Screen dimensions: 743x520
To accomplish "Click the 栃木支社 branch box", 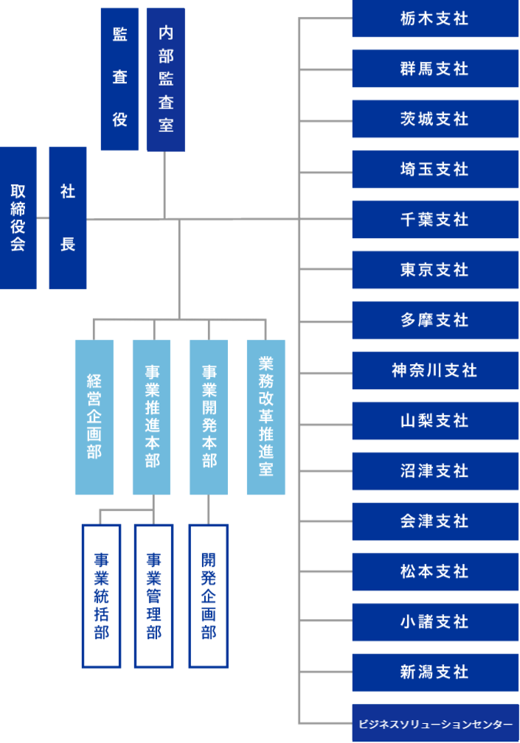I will (x=434, y=18).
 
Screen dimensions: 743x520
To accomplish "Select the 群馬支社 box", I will (x=434, y=69).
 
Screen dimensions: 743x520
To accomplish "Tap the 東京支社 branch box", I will (x=434, y=270).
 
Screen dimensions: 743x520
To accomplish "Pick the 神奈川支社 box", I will (x=434, y=370).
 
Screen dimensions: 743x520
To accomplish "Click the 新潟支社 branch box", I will (x=434, y=672).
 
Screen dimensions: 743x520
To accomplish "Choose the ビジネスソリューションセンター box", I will (x=434, y=724).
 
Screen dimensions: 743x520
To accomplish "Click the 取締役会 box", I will (x=18, y=218).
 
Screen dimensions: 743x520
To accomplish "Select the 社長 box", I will (x=67, y=218).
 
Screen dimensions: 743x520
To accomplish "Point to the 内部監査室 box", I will (x=165, y=79).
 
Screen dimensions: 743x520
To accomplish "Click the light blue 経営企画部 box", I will (x=94, y=417).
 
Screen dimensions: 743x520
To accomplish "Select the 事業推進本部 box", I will (x=151, y=417).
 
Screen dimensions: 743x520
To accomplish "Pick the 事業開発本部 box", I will (x=209, y=417).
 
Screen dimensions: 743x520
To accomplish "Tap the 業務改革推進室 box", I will (x=266, y=417).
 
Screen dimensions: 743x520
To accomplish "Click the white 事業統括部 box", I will (x=101, y=596).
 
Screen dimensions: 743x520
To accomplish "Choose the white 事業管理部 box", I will (x=153, y=596).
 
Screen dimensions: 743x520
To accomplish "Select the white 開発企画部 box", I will (x=208, y=596).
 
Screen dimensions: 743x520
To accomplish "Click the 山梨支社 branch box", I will (x=434, y=420).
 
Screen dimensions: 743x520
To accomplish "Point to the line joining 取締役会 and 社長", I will (x=42, y=218).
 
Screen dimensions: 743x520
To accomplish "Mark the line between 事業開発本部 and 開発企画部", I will (x=209, y=509).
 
